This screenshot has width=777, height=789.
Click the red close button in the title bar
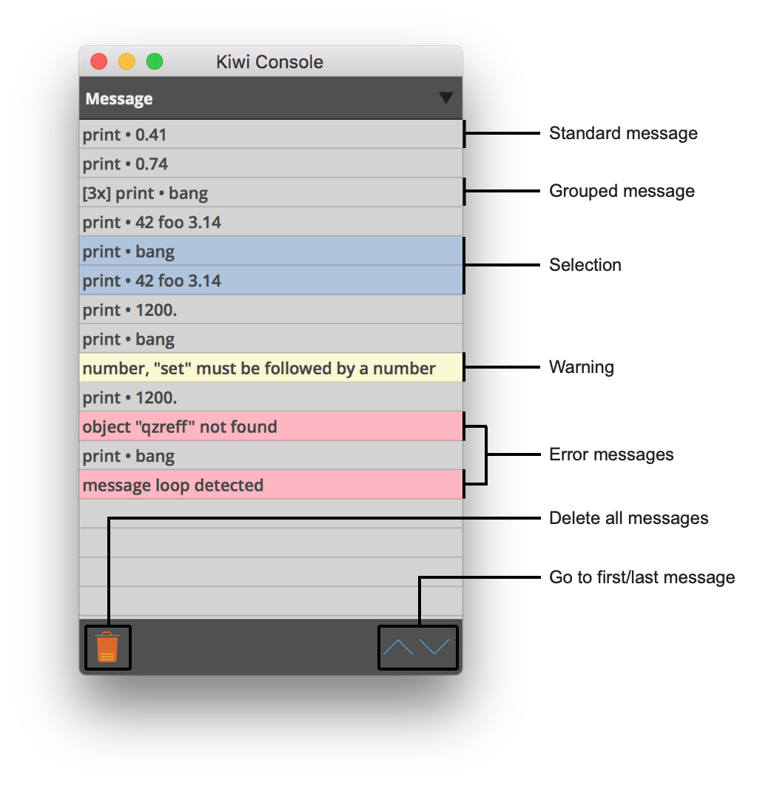[98, 61]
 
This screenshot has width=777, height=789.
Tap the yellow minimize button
[127, 61]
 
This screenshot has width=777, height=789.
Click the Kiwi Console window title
[270, 62]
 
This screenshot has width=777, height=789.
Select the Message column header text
[118, 98]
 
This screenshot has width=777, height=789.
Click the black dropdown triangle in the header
[446, 98]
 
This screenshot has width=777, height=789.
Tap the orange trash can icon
[107, 647]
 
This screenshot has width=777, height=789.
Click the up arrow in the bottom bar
[397, 647]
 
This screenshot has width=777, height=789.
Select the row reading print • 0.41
[271, 135]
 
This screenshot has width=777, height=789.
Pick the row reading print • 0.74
[271, 164]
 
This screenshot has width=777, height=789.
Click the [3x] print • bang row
[271, 192]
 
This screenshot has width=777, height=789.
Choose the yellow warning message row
[271, 368]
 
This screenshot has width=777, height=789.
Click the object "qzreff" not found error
[271, 426]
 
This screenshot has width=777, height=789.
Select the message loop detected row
[271, 485]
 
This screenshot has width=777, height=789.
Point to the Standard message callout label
[623, 133]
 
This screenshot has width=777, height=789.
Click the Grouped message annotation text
[622, 191]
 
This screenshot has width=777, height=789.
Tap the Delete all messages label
[628, 518]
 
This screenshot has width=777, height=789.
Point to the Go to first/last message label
[642, 577]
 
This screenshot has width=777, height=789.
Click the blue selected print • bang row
[271, 251]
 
